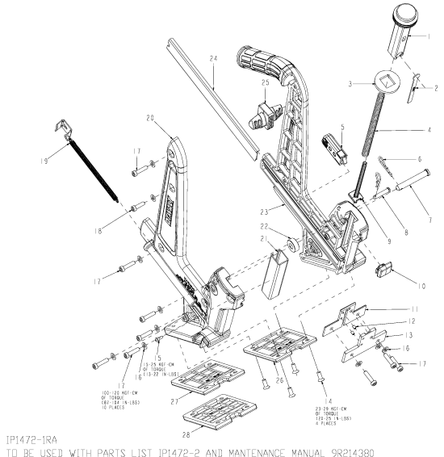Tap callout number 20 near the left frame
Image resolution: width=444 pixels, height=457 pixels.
coord(173,118)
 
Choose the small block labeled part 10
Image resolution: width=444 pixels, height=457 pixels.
coord(384,267)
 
